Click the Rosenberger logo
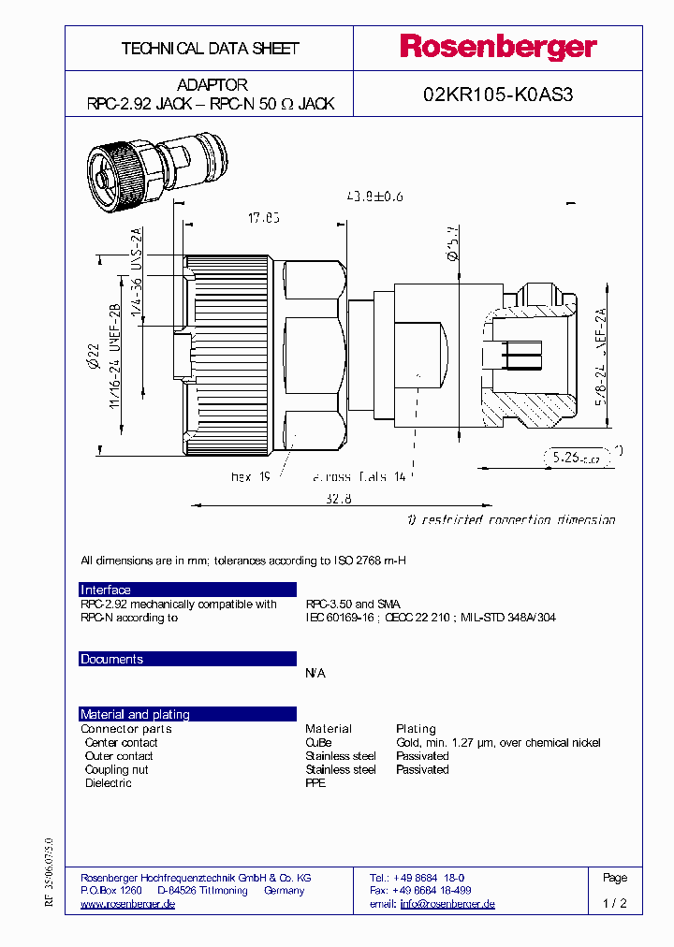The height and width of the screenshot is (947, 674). click(498, 47)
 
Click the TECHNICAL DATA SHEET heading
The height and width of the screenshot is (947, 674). click(210, 48)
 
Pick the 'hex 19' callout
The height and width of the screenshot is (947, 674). click(250, 477)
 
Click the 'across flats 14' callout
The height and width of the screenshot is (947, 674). click(359, 477)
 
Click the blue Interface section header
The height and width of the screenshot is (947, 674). click(106, 590)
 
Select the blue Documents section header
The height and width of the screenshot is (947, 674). click(111, 659)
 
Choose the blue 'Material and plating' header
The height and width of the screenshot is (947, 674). click(135, 714)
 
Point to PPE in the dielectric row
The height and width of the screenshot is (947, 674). click(315, 783)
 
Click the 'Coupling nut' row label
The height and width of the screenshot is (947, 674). click(116, 769)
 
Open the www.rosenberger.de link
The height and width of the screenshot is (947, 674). click(128, 904)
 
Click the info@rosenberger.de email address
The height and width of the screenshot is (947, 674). click(447, 904)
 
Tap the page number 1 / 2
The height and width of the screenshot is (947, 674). click(615, 904)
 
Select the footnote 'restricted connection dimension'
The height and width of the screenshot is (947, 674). click(511, 519)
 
